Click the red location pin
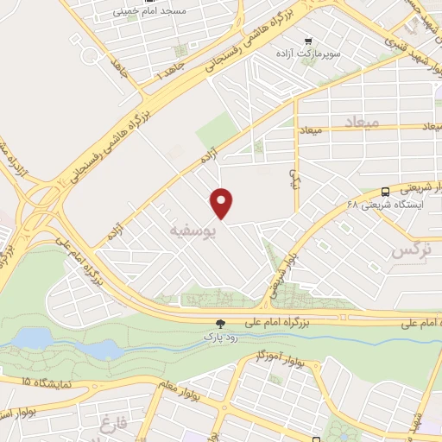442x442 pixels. click(x=223, y=203)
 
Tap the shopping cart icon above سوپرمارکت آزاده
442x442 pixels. click(x=308, y=40)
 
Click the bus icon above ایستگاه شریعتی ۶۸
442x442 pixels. click(x=384, y=192)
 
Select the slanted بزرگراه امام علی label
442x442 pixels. click(x=78, y=258)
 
